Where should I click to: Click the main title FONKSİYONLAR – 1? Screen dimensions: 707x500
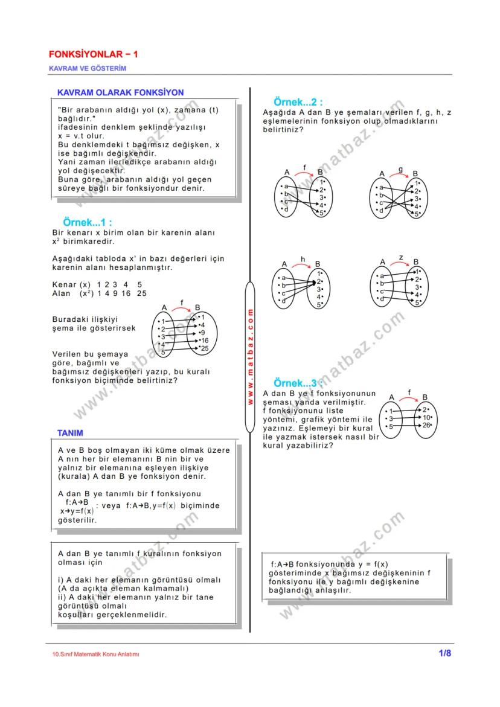pos(94,54)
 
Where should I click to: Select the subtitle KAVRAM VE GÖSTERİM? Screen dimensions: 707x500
pos(88,68)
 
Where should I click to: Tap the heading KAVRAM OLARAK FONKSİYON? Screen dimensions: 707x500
pos(120,92)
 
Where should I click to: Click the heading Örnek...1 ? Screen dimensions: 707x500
pos(87,223)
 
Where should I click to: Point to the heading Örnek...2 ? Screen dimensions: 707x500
pos(298,101)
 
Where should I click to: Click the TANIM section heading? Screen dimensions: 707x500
pos(70,433)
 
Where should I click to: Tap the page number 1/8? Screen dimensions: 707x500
pos(444,653)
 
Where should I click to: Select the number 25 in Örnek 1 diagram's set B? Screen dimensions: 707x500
pos(205,348)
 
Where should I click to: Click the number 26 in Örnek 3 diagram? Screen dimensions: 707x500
pos(427,425)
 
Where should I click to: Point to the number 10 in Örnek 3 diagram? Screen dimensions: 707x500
pos(427,417)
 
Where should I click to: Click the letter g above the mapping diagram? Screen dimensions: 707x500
pos(400,170)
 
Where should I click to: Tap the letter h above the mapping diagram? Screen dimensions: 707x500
pos(303,259)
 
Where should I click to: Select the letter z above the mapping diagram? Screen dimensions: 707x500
pos(401,258)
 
